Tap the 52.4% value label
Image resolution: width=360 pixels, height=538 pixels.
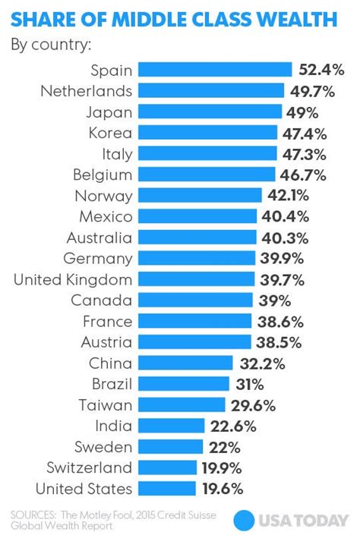click(321, 71)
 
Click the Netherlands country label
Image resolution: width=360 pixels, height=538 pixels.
click(87, 91)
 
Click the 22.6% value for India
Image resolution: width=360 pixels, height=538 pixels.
click(232, 426)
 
